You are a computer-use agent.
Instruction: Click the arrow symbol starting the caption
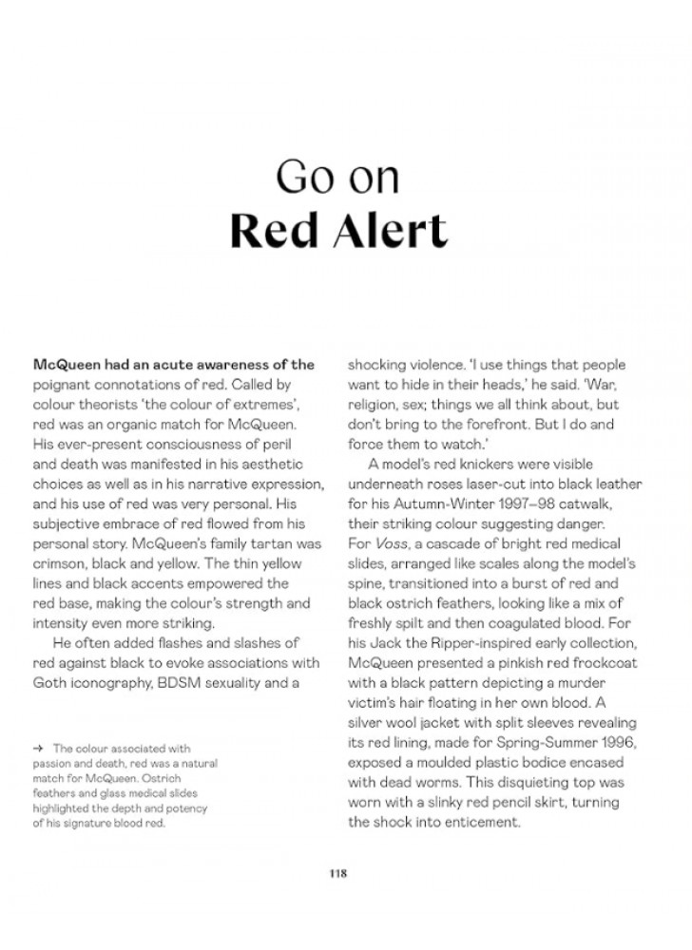point(39,749)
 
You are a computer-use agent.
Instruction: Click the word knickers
point(474,465)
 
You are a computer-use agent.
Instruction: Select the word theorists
point(106,404)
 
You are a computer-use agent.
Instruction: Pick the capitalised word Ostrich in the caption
point(186,779)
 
